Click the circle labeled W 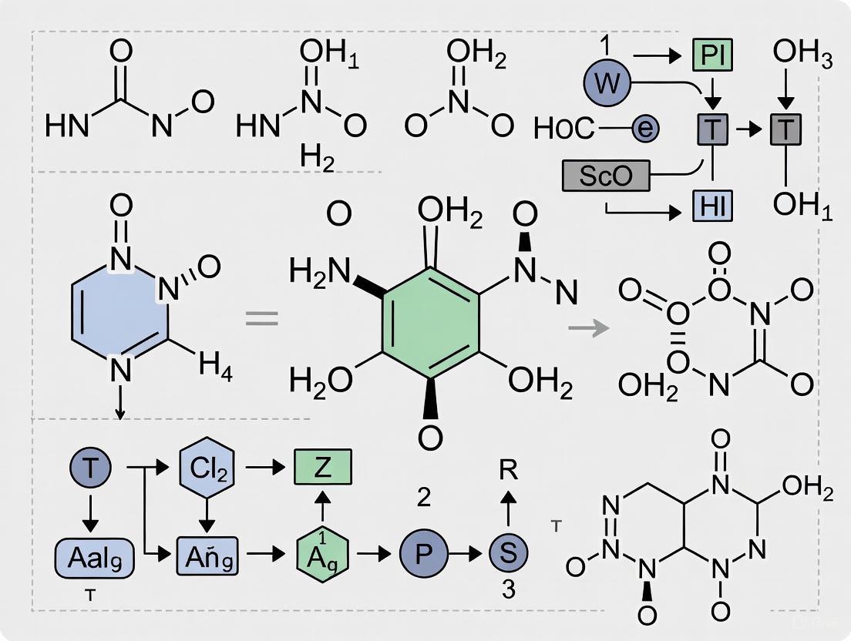[607, 82]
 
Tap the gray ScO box [606, 176]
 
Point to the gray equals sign [261, 317]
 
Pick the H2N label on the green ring [319, 271]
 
